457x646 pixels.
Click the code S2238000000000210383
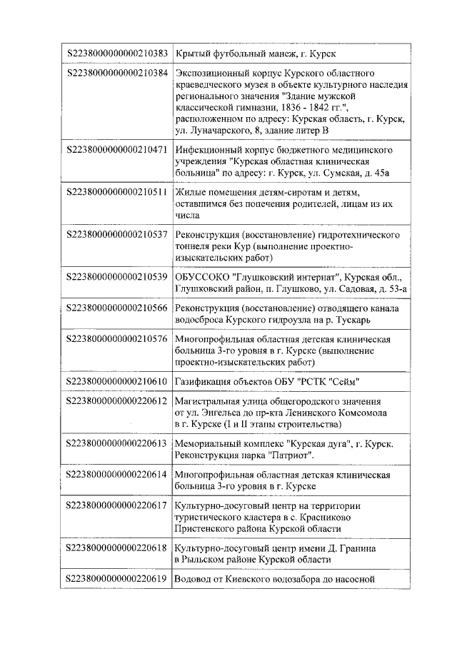117,54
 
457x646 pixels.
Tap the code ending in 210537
117,235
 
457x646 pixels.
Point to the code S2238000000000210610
117,381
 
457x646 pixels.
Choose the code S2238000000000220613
117,444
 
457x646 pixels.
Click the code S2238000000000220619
117,579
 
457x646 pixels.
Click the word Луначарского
217,129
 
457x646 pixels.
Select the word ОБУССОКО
203,276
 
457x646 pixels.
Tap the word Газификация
204,381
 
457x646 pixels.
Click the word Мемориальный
209,444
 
